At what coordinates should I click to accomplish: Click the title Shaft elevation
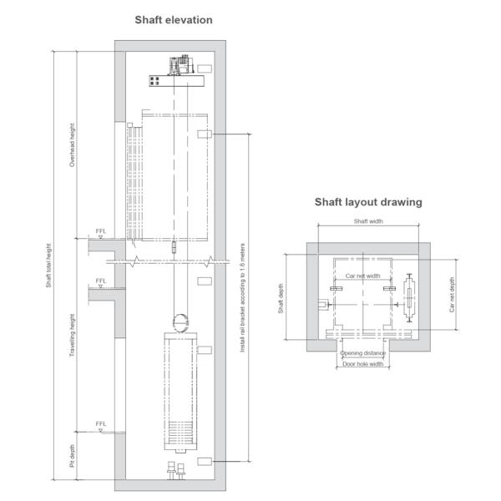(174, 20)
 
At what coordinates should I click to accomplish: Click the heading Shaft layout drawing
(368, 202)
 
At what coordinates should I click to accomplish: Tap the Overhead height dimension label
(72, 145)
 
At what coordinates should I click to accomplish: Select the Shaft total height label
(48, 266)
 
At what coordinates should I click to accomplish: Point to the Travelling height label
(72, 335)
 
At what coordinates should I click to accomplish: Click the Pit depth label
(72, 456)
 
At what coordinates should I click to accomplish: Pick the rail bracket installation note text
(242, 298)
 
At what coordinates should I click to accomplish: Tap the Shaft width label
(368, 221)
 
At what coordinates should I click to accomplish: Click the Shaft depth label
(281, 298)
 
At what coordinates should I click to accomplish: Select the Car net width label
(362, 276)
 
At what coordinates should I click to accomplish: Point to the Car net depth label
(452, 295)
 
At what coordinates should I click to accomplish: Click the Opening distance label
(362, 353)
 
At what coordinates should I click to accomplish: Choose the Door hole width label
(362, 364)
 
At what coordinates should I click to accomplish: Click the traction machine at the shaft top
(181, 65)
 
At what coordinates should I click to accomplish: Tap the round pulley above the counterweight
(180, 323)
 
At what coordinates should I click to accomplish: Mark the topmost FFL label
(101, 231)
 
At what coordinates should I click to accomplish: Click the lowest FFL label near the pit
(101, 423)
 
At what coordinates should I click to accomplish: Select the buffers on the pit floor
(176, 470)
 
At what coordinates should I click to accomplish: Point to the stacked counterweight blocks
(180, 433)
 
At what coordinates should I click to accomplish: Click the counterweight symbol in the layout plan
(409, 298)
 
